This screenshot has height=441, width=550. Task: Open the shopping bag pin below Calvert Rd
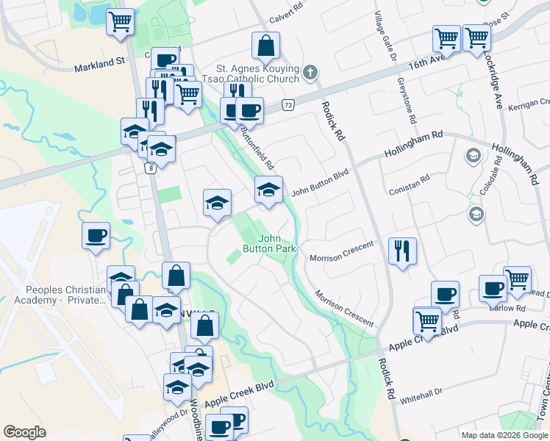pyautogui.click(x=265, y=46)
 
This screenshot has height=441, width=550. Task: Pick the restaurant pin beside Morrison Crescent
pyautogui.click(x=401, y=252)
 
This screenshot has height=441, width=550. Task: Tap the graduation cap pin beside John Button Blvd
pyautogui.click(x=268, y=191)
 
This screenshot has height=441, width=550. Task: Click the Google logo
pyautogui.click(x=24, y=431)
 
